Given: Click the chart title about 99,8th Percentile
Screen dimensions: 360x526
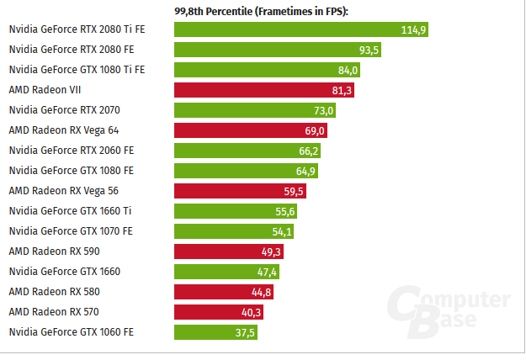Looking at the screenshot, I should pyautogui.click(x=261, y=10).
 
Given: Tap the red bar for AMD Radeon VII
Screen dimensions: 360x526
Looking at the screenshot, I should pyautogui.click(x=264, y=90).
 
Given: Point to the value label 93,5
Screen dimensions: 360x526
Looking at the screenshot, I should pyautogui.click(x=369, y=50).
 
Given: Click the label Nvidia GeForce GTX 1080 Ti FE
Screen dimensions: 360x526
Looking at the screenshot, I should pyautogui.click(x=77, y=70).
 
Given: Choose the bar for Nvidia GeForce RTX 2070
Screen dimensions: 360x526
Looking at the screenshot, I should pyautogui.click(x=256, y=110).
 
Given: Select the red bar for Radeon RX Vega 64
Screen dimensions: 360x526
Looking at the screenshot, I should pyautogui.click(x=251, y=130).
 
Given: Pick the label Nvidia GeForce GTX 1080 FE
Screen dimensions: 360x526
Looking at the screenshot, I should pyautogui.click(x=71, y=171).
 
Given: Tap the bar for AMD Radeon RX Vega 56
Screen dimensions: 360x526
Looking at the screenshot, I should pyautogui.click(x=240, y=191).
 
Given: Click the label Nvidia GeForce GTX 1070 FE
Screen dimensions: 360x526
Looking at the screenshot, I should pyautogui.click(x=71, y=231).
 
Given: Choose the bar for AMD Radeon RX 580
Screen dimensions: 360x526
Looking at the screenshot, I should pyautogui.click(x=224, y=292).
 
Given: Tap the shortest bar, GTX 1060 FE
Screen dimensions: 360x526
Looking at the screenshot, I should pyautogui.click(x=215, y=332).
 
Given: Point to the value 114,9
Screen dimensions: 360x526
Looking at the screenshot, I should pyautogui.click(x=414, y=29).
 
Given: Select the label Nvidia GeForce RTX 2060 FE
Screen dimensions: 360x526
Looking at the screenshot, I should pyautogui.click(x=71, y=151).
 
